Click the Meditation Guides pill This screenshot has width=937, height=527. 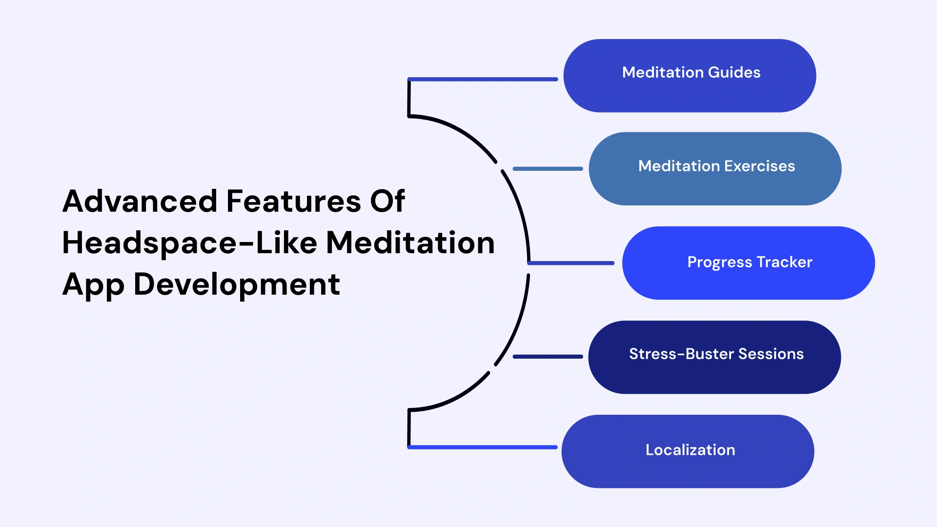[x=690, y=76]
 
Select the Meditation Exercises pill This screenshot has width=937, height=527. [x=715, y=168]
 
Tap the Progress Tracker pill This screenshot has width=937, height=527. [x=748, y=263]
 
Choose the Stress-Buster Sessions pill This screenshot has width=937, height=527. [x=714, y=357]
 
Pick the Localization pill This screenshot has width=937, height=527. [x=688, y=451]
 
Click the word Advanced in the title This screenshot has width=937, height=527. [x=140, y=201]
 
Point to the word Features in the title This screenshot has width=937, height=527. [x=293, y=201]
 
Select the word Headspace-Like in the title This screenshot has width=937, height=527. [x=189, y=243]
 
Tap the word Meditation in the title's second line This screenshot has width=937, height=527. [x=410, y=243]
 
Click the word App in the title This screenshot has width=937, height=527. [x=93, y=285]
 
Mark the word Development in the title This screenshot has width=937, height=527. [x=237, y=284]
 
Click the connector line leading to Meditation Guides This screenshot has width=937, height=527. [x=483, y=79]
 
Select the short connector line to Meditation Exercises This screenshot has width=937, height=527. [x=548, y=169]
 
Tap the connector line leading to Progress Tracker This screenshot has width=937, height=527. [x=571, y=263]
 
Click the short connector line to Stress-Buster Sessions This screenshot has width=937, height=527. [x=548, y=357]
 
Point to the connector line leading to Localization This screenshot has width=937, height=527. [x=483, y=447]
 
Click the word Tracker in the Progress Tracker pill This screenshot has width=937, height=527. [x=784, y=262]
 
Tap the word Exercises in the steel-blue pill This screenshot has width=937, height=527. [x=759, y=166]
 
